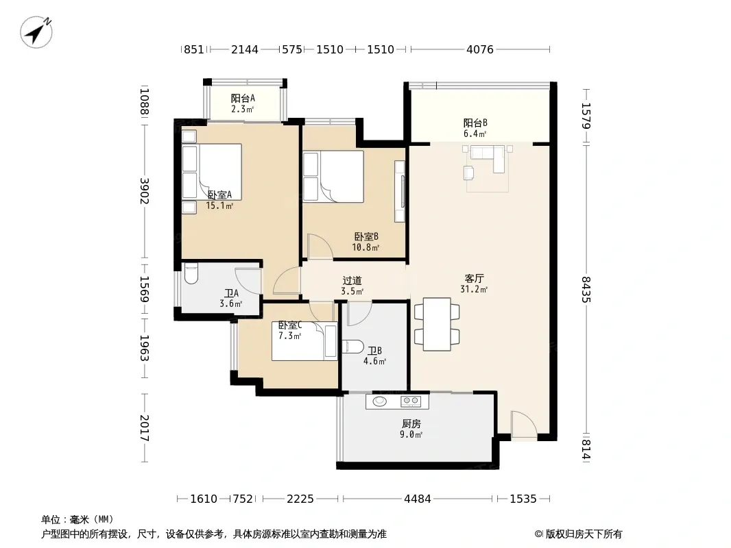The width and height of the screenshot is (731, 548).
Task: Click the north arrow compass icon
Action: tap(36, 32)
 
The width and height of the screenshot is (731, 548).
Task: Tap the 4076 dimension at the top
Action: tap(480, 49)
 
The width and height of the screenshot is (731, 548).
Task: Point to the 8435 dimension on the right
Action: tap(586, 290)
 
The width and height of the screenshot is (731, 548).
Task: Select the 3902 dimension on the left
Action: tap(145, 191)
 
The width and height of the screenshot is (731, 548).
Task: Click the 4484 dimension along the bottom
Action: tap(417, 499)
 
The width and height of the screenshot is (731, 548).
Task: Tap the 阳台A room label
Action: tap(243, 98)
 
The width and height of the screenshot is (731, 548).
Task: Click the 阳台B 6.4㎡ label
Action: tap(475, 128)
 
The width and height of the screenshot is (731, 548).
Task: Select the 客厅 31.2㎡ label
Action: tap(474, 284)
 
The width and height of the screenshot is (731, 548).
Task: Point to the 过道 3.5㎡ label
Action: tap(352, 286)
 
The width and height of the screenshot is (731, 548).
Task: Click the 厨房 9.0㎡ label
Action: tap(411, 429)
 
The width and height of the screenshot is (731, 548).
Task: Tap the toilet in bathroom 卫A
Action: tap(191, 274)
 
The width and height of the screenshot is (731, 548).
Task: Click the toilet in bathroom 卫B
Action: tap(352, 347)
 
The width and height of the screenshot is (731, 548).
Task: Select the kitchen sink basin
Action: tap(380, 401)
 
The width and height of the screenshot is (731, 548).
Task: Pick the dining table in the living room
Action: tap(437, 324)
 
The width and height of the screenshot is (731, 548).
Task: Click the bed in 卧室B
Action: tap(333, 177)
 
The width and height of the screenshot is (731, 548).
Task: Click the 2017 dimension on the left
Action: tap(145, 428)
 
